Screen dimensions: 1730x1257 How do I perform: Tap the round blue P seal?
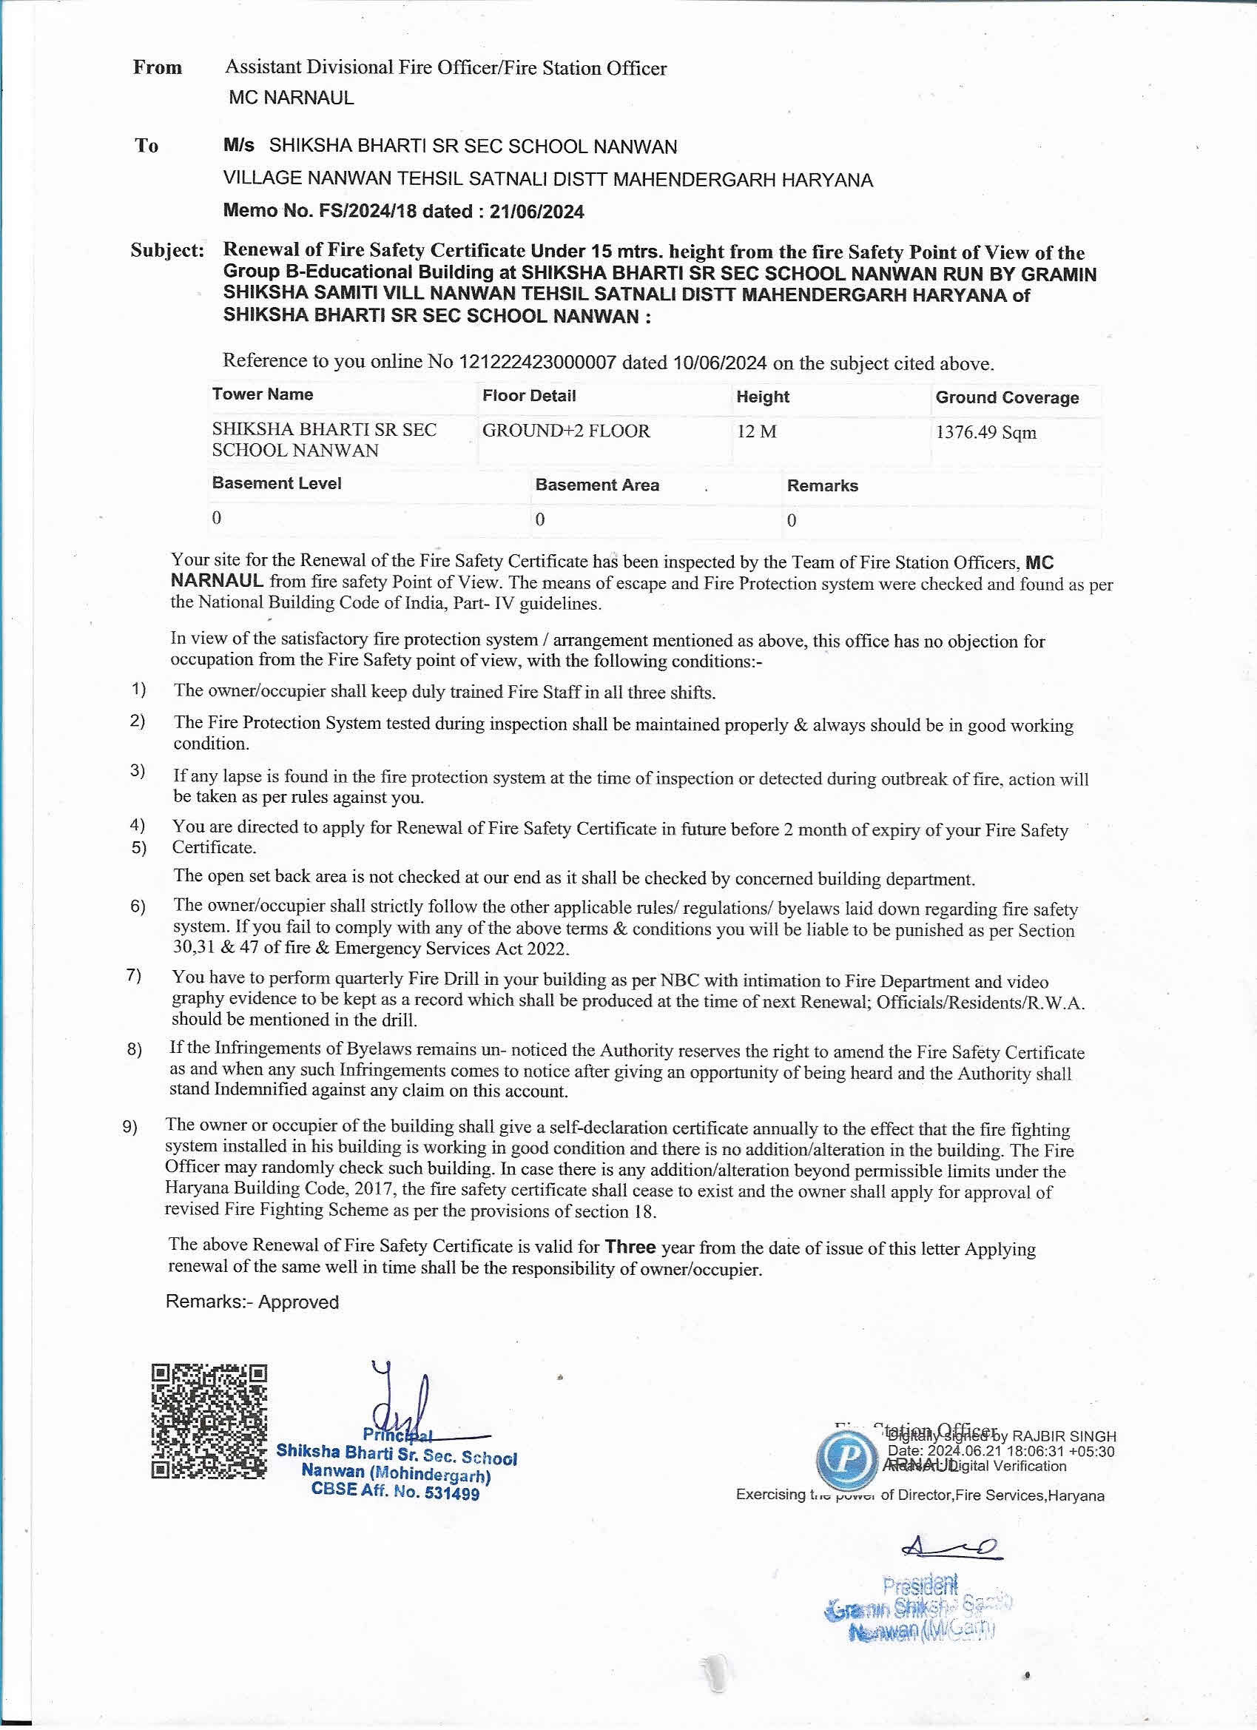click(x=846, y=1458)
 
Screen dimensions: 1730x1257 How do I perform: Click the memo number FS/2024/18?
click(x=368, y=212)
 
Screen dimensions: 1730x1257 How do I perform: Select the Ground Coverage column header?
click(x=1007, y=397)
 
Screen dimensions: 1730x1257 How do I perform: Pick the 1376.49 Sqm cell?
click(x=985, y=432)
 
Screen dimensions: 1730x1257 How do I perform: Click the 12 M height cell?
click(x=757, y=431)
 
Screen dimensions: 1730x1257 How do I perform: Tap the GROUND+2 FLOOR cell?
click(x=566, y=431)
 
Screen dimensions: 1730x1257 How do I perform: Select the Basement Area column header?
click(x=596, y=485)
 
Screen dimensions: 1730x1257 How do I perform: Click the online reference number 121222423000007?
click(x=536, y=363)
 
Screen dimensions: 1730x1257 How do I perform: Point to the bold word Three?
click(x=630, y=1246)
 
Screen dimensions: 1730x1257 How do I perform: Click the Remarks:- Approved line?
click(x=252, y=1302)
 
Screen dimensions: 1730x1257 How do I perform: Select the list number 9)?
click(x=129, y=1127)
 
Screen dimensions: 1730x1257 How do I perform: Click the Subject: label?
click(x=167, y=250)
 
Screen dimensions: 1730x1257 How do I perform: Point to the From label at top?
click(x=157, y=67)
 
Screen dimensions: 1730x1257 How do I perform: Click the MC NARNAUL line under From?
click(x=291, y=98)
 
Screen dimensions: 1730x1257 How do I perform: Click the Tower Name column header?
click(x=263, y=394)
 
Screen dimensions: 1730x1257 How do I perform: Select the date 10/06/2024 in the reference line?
click(x=719, y=363)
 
